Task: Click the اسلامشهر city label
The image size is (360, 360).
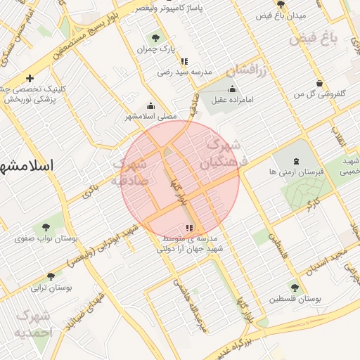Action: tap(28, 167)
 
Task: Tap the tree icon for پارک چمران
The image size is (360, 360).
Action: tap(154, 38)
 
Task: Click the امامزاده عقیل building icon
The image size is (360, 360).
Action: tap(233, 89)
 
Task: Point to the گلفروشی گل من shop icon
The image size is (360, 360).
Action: tap(320, 83)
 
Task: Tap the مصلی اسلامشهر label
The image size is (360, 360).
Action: tap(151, 115)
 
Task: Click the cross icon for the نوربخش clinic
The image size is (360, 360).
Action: tap(30, 78)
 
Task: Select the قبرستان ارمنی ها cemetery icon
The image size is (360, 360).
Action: tap(295, 163)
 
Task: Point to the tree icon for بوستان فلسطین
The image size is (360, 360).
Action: tap(294, 287)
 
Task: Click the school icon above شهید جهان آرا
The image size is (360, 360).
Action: tap(188, 228)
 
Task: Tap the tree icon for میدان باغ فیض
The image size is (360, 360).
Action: tap(281, 4)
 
